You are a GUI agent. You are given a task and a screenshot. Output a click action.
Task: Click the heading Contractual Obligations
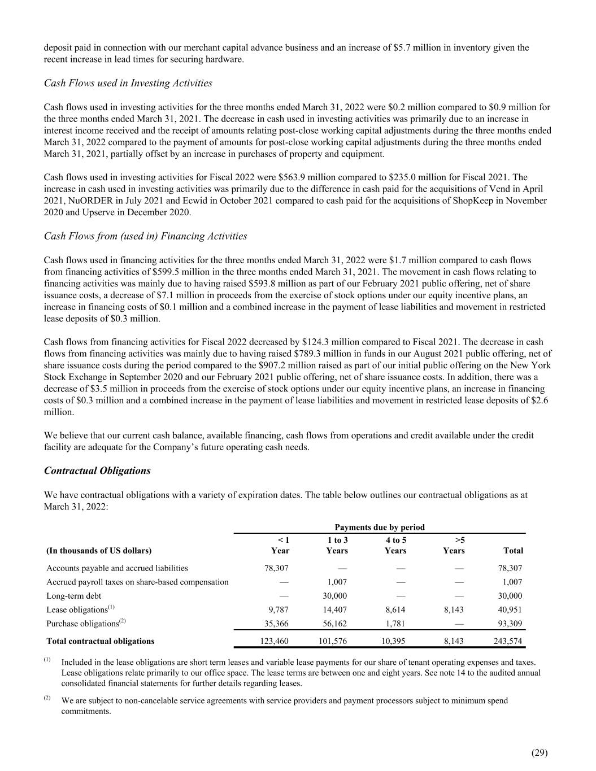tap(97, 471)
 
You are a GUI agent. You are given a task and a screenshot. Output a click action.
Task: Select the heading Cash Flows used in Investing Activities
tap(128, 83)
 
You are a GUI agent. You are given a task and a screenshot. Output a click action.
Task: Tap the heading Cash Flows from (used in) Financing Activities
tap(145, 236)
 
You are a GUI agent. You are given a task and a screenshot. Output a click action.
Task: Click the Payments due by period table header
tap(380, 527)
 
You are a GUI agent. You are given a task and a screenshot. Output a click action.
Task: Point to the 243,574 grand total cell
tap(507, 641)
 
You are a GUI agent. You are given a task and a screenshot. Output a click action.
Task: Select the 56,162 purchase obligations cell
tap(336, 624)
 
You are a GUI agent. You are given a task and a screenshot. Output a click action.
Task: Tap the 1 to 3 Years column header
tap(338, 545)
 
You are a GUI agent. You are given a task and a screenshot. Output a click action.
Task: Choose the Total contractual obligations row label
tap(101, 641)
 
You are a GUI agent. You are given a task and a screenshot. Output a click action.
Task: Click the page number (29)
tap(540, 752)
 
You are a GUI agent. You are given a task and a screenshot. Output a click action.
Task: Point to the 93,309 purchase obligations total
tap(509, 624)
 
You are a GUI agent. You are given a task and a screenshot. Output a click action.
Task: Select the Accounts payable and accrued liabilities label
tap(117, 568)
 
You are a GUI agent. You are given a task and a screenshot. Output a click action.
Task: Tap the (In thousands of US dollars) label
tap(99, 550)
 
